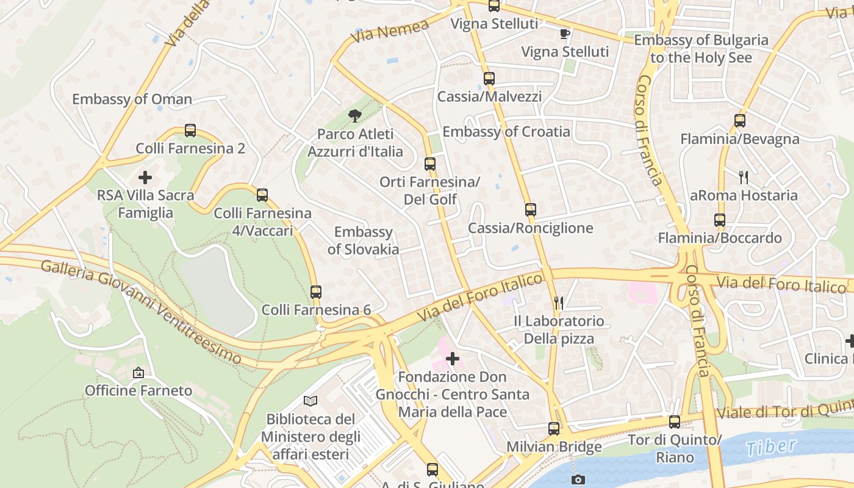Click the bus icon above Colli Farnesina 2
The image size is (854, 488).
[x=190, y=131]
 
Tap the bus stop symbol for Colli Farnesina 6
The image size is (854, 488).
[x=315, y=292]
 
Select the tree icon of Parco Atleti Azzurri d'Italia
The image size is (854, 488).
[x=354, y=116]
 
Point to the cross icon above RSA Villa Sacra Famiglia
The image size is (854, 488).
[x=145, y=178]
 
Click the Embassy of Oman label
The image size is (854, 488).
[x=132, y=99]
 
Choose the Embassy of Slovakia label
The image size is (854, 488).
[x=364, y=240]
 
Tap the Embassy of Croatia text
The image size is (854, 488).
[x=506, y=132]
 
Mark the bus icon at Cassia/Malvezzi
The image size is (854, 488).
[x=489, y=79]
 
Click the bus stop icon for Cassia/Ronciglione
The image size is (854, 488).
[x=530, y=210]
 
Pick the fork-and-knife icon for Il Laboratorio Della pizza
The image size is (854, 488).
[x=558, y=303]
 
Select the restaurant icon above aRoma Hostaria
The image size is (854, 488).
[x=743, y=178]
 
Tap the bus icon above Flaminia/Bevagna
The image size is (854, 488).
[x=739, y=121]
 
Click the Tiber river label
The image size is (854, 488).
[x=771, y=447]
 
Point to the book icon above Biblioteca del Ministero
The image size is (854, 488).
[x=310, y=401]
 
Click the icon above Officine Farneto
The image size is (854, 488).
[x=138, y=372]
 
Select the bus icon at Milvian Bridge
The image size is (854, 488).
[x=553, y=429]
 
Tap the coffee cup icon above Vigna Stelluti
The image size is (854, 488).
[x=564, y=34]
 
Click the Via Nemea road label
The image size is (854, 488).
[x=390, y=31]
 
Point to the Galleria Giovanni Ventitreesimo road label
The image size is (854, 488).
[x=141, y=311]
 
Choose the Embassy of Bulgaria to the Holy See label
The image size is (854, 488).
[x=701, y=49]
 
